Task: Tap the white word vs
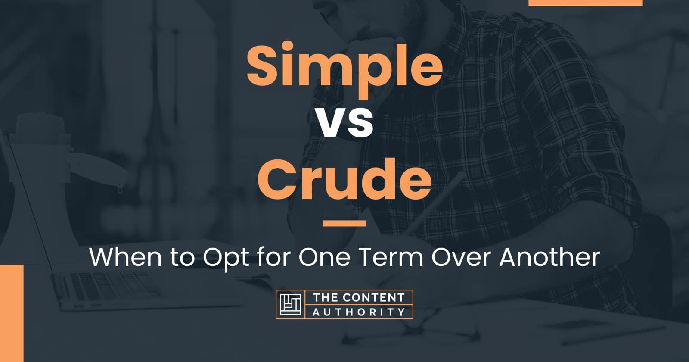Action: pyautogui.click(x=344, y=123)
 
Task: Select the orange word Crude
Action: pyautogui.click(x=344, y=180)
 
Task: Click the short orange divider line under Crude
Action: pyautogui.click(x=344, y=223)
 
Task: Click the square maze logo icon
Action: pyautogui.click(x=290, y=304)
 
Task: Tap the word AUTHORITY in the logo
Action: pyautogui.click(x=359, y=312)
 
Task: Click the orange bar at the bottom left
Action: pyautogui.click(x=12, y=313)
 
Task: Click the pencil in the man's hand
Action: pyautogui.click(x=437, y=203)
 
